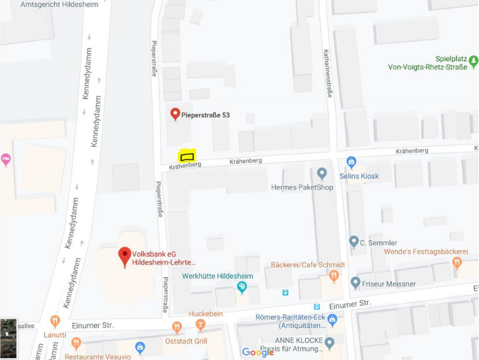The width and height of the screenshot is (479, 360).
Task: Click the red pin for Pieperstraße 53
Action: [175, 115]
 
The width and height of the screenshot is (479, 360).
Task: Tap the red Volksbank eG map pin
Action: [124, 256]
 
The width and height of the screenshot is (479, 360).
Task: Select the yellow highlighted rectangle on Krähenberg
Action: [187, 156]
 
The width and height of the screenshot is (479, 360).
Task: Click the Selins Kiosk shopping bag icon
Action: [351, 162]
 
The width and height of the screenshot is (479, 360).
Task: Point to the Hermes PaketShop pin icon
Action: [321, 173]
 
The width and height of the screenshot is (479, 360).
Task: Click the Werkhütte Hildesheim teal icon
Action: [242, 286]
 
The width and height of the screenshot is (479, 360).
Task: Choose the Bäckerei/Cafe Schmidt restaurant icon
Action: [334, 276]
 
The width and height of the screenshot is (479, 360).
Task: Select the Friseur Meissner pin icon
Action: [355, 283]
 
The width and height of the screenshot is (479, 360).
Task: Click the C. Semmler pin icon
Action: [354, 242]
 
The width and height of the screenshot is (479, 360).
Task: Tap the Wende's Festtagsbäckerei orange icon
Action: [457, 262]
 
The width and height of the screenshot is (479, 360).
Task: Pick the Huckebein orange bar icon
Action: [200, 325]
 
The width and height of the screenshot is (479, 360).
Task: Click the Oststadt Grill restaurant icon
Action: [176, 327]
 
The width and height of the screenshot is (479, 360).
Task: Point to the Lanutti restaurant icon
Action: [56, 321]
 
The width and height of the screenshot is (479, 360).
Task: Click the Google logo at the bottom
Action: [258, 352]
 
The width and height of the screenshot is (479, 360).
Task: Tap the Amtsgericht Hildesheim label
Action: [59, 5]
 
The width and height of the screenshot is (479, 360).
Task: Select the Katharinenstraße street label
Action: [327, 73]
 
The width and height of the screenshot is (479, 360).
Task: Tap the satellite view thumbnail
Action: [9, 338]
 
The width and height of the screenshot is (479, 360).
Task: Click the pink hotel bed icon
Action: [6, 159]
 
